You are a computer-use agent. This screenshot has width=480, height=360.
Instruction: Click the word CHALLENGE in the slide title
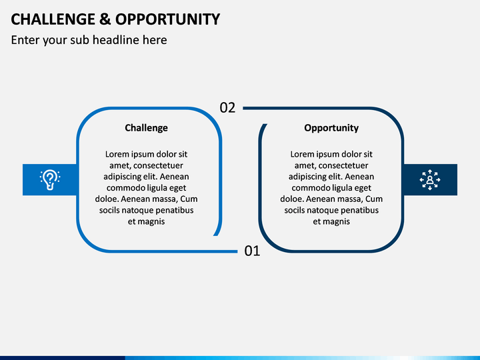pyautogui.click(x=53, y=19)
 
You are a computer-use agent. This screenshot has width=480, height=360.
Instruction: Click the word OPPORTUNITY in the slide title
pyautogui.click(x=168, y=19)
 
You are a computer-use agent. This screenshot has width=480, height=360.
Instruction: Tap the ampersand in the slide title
pyautogui.click(x=105, y=19)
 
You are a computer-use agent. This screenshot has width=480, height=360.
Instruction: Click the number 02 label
pyautogui.click(x=227, y=108)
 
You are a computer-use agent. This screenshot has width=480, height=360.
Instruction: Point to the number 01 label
pyautogui.click(x=252, y=251)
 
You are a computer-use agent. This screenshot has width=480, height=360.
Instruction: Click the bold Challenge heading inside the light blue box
pyautogui.click(x=146, y=127)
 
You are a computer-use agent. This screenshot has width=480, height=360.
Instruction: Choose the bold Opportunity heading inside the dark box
pyautogui.click(x=331, y=127)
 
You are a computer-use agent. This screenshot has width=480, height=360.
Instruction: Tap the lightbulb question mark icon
pyautogui.click(x=50, y=180)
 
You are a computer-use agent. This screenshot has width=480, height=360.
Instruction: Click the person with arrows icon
pyautogui.click(x=430, y=180)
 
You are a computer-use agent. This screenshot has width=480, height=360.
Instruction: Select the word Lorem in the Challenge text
pyautogui.click(x=117, y=154)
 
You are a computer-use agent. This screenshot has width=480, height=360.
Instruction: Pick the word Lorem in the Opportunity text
pyautogui.click(x=302, y=154)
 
